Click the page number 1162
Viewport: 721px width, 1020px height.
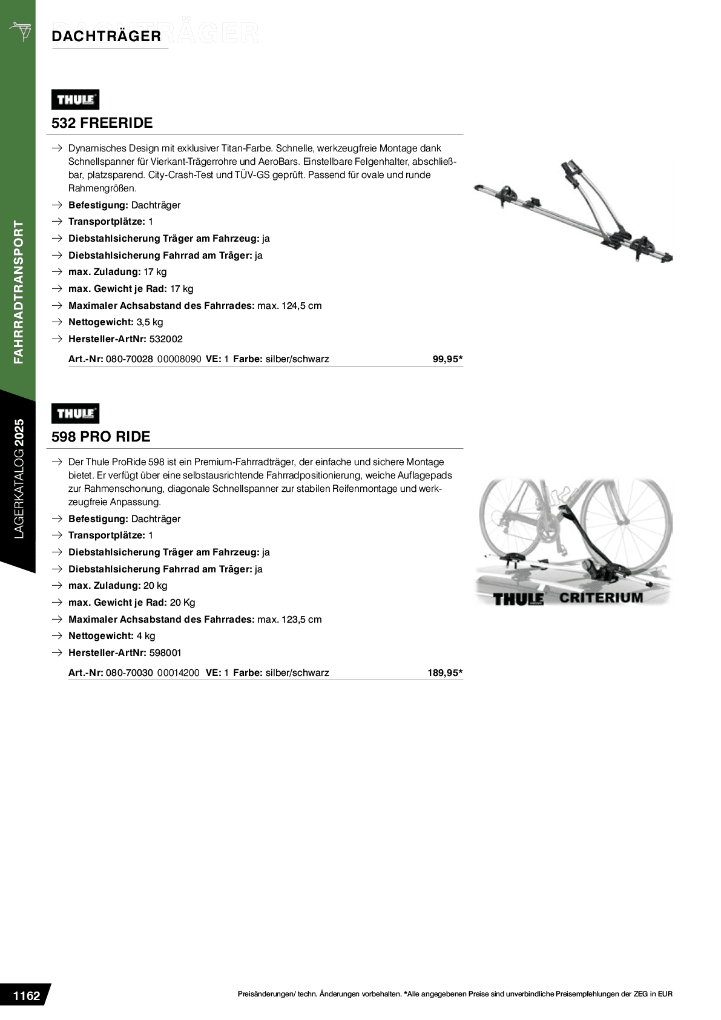click(27, 996)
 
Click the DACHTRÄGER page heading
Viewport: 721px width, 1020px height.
click(107, 36)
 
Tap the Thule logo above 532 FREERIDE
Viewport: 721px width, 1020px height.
click(75, 99)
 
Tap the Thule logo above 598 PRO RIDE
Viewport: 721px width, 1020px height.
click(75, 414)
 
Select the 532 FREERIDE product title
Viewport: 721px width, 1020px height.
click(102, 123)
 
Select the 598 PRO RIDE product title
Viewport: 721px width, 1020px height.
click(100, 437)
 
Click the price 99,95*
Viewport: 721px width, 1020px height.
click(447, 359)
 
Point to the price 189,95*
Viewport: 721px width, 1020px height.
click(445, 672)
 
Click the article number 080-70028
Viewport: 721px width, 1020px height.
click(130, 359)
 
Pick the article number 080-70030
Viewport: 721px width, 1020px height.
click(130, 672)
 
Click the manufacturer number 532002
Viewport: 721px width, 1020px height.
click(166, 339)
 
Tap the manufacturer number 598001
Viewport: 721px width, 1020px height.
click(165, 652)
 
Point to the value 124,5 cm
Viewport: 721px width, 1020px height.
click(302, 305)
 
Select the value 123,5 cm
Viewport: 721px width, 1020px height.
click(302, 619)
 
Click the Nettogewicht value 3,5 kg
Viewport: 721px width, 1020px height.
click(150, 322)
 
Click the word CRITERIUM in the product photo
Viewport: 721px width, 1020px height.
click(601, 597)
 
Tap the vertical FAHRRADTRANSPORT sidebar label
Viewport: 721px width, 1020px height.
click(19, 293)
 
